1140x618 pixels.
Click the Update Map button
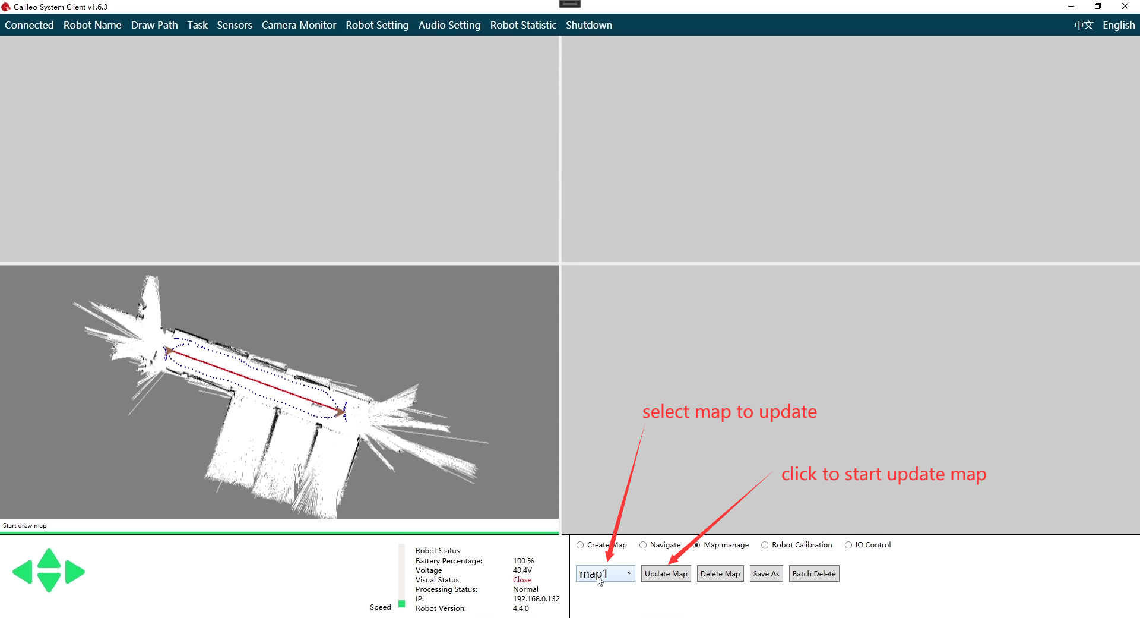coord(666,573)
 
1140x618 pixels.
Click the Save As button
coord(766,573)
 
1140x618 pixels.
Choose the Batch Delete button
coord(813,573)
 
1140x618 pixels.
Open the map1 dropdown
coord(605,573)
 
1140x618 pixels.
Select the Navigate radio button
coord(643,545)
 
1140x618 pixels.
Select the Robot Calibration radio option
coord(765,545)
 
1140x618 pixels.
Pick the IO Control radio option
coord(848,545)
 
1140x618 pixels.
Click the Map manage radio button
coord(697,545)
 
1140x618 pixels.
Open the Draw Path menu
coord(154,25)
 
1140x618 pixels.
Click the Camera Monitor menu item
coord(299,25)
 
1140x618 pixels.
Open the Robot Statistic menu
coord(523,25)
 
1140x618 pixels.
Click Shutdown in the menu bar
coord(589,25)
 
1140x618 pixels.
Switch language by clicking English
coord(1119,25)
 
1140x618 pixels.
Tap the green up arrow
coord(49,559)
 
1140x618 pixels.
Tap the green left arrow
coord(23,572)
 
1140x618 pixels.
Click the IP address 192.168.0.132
coord(536,599)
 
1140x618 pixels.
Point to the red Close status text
coord(522,580)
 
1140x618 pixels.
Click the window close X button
coord(1125,7)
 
